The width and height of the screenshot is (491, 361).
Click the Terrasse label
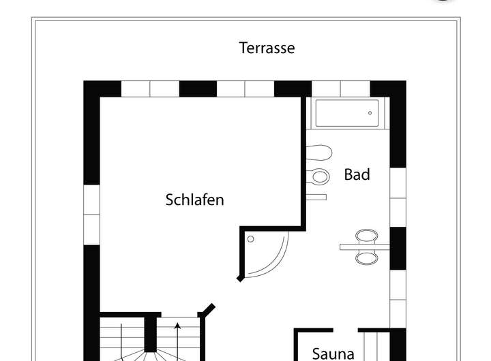click(267, 48)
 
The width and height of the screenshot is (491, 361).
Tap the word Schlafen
click(194, 200)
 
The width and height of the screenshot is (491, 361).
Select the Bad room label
click(357, 174)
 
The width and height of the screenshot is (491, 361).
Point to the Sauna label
click(333, 354)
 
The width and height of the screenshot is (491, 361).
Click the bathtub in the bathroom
click(346, 113)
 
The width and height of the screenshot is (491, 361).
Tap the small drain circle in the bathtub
click(372, 113)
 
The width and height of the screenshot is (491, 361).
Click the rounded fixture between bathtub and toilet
click(319, 152)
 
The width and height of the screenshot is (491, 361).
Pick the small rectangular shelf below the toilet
click(316, 197)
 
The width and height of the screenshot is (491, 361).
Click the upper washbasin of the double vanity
click(367, 236)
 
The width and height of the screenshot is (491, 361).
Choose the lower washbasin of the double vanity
click(367, 257)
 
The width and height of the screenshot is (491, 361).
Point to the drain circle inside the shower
click(251, 239)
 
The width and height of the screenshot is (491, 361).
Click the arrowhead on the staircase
click(178, 326)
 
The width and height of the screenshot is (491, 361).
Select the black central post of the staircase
click(151, 334)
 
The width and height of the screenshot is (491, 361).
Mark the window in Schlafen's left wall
click(91, 215)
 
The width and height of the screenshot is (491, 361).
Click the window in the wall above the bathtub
click(341, 89)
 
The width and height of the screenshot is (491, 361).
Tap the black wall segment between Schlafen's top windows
click(198, 89)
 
